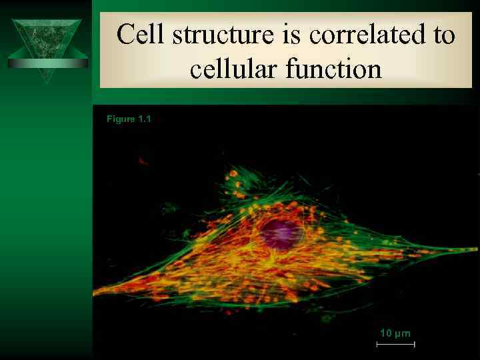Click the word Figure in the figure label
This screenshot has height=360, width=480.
click(121, 119)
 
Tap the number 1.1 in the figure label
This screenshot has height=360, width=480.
click(145, 119)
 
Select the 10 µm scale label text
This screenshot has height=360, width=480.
click(395, 333)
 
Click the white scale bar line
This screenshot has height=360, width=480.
click(395, 344)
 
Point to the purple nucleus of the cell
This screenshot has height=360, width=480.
click(279, 234)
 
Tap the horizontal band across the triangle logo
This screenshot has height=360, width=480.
click(47, 63)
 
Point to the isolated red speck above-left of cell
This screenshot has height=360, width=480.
click(142, 161)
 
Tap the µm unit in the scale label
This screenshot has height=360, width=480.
click(403, 333)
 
